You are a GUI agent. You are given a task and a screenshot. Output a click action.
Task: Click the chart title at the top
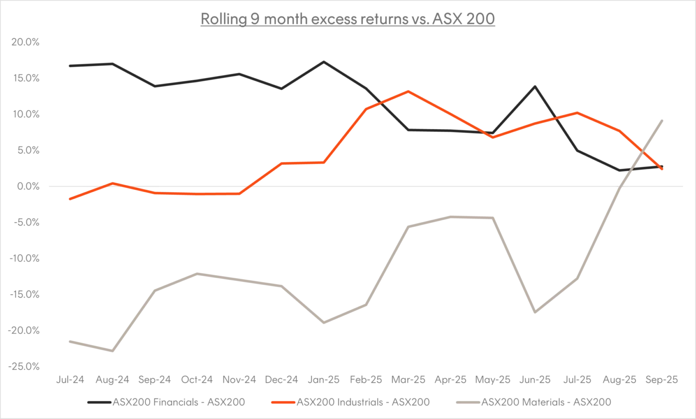348,20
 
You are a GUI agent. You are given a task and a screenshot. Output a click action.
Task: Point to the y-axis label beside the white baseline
27,185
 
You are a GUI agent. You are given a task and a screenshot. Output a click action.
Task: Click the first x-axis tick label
71,380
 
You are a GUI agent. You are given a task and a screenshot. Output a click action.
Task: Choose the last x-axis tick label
661,380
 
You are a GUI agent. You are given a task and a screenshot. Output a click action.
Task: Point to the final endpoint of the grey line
662,117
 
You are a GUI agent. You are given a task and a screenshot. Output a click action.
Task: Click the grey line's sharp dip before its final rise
535,309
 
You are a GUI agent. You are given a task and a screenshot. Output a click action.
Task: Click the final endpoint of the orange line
662,169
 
